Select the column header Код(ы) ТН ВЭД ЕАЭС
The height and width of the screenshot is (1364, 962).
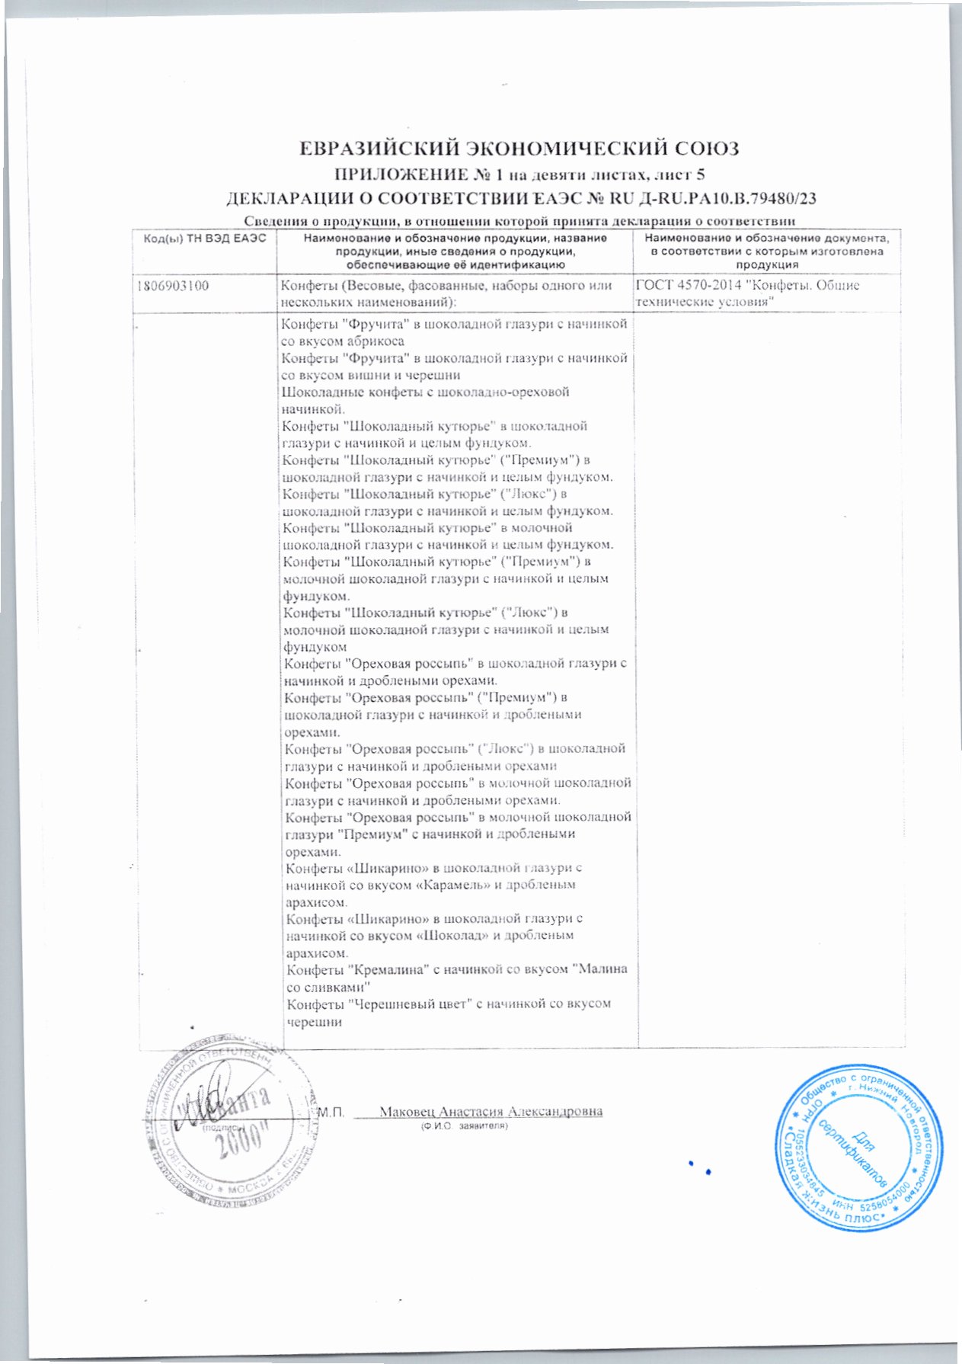(204, 239)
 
